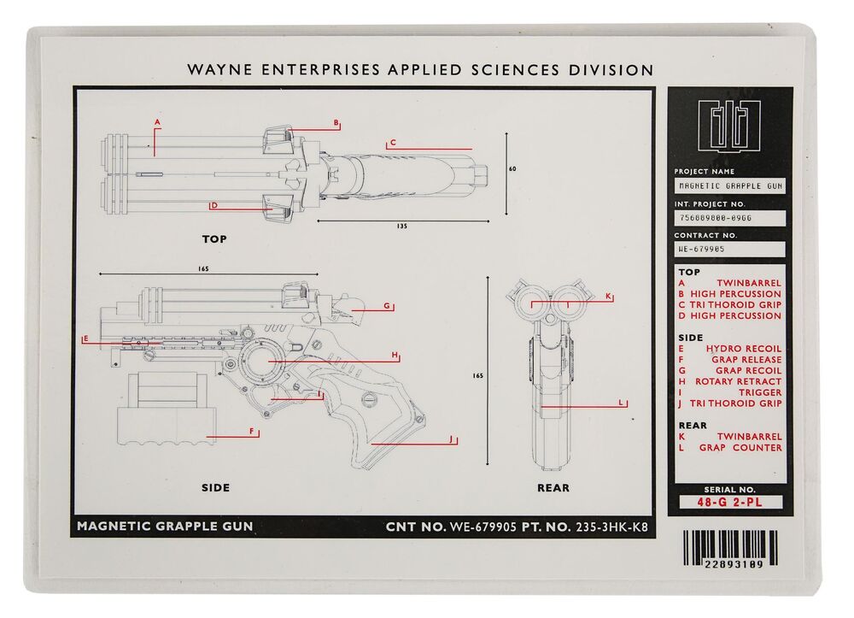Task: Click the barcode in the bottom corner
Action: tap(730, 550)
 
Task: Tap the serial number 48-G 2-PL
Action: tap(729, 502)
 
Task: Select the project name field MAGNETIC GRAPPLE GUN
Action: tap(730, 185)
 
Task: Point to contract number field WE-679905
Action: tap(730, 249)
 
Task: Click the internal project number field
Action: tap(730, 218)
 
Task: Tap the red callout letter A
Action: tap(157, 122)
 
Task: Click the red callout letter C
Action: tap(393, 142)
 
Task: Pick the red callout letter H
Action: tap(395, 355)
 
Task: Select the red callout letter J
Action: tap(451, 438)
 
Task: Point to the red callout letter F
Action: tap(252, 431)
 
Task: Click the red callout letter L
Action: tap(620, 403)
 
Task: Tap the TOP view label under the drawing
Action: tap(214, 238)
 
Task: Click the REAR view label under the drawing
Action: tap(553, 488)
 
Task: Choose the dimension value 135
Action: tap(402, 227)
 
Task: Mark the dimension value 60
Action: tap(512, 169)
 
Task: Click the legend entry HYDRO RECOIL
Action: tap(744, 348)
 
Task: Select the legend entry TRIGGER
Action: tap(760, 392)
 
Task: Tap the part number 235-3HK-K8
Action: tap(612, 527)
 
